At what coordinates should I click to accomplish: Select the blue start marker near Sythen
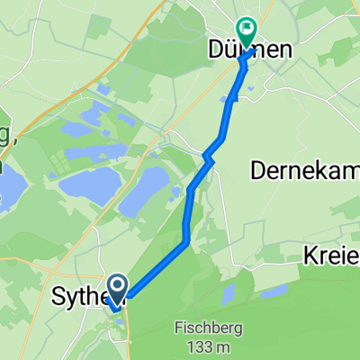(x=118, y=290)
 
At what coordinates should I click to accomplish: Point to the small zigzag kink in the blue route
(x=208, y=157)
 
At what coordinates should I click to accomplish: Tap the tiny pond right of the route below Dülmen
(x=251, y=87)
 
